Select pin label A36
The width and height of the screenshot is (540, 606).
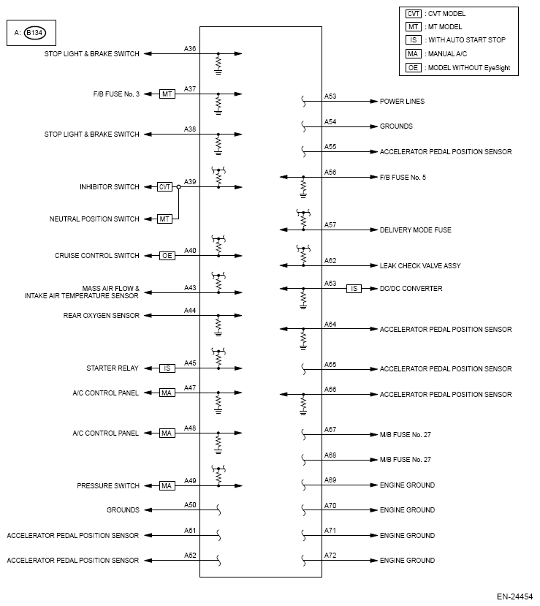point(190,49)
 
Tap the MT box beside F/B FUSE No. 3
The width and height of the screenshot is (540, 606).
point(167,94)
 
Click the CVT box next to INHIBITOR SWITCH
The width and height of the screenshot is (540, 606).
point(165,187)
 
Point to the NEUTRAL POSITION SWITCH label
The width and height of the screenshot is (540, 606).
point(94,219)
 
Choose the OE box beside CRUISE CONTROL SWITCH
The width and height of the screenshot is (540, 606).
point(167,256)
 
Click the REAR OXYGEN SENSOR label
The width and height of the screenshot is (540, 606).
point(102,316)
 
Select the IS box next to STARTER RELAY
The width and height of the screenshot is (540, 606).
point(167,368)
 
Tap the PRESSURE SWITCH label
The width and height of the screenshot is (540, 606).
point(107,486)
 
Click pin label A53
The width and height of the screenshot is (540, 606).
point(330,96)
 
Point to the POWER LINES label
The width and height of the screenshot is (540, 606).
point(402,102)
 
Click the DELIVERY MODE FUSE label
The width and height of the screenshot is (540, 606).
point(415,230)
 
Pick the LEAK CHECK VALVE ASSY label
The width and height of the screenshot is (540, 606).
point(420,266)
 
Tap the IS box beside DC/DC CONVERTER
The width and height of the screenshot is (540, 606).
point(354,289)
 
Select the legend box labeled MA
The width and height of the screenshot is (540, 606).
point(413,53)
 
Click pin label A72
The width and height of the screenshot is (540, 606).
point(330,556)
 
